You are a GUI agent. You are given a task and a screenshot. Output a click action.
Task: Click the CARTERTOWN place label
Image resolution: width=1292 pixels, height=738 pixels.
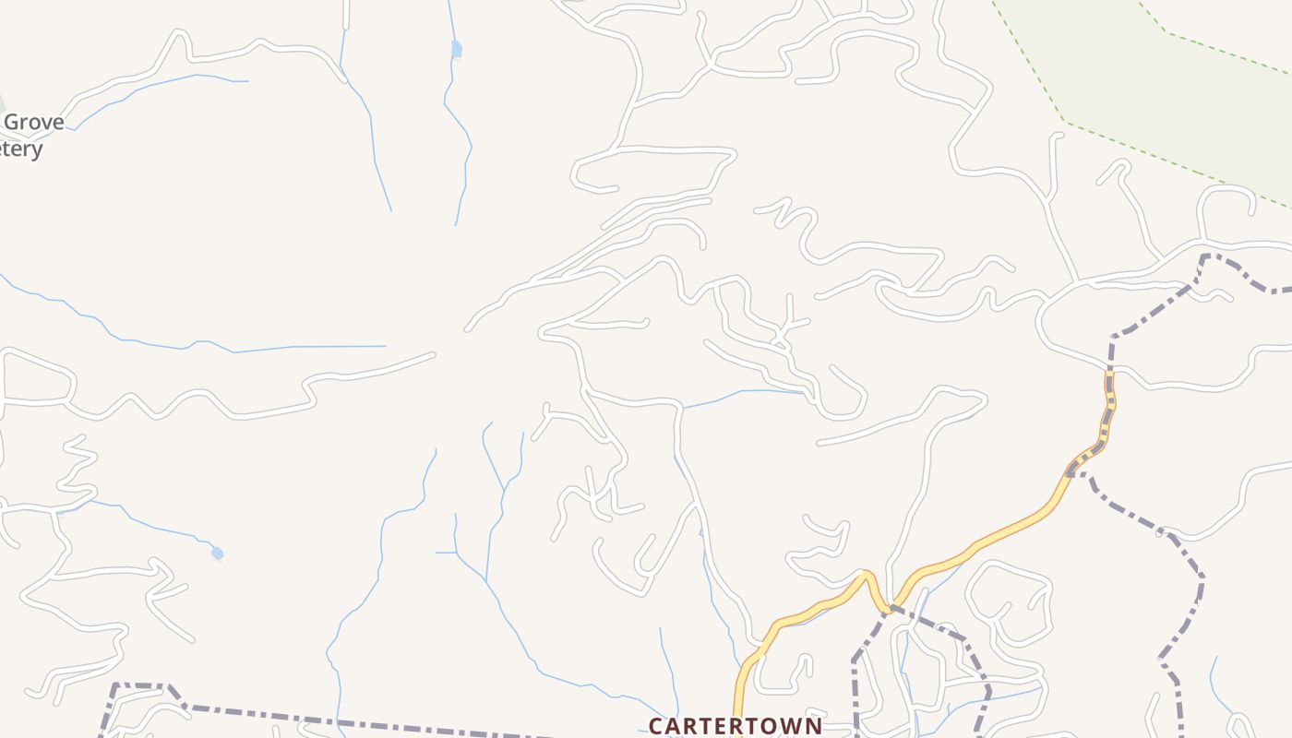(x=735, y=725)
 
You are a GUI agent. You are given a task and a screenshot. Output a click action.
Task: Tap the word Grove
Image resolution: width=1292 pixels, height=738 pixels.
(x=35, y=123)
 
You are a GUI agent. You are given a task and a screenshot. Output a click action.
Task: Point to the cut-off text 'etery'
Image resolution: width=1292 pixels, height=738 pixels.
(x=21, y=149)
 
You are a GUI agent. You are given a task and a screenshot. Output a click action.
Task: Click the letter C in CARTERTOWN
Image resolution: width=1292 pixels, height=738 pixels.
(x=656, y=726)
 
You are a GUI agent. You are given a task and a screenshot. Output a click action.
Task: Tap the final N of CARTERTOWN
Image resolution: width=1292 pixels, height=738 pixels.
(x=812, y=726)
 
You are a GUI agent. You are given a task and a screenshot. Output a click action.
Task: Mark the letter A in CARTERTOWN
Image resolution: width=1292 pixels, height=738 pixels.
(x=675, y=726)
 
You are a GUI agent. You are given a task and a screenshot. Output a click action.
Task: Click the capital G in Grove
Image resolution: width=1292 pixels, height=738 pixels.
(x=13, y=123)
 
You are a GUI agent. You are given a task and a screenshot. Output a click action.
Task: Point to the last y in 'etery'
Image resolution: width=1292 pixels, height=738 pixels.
(x=37, y=150)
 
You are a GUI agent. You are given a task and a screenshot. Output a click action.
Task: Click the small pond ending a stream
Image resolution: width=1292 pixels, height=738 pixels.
(x=217, y=553)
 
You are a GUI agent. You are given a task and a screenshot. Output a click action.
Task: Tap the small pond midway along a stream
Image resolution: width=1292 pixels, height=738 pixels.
(x=456, y=49)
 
